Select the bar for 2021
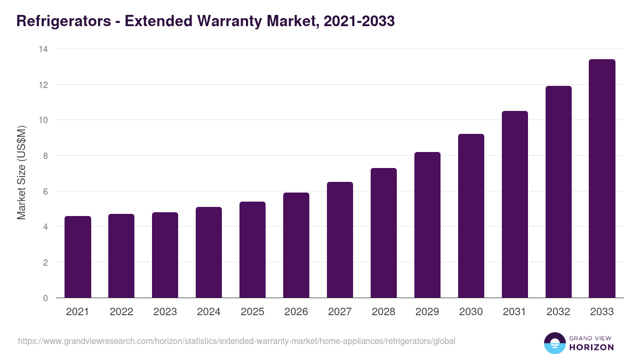pos(78,257)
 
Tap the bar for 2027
pos(340,240)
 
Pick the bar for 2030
pos(471,216)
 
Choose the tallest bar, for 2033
pos(602,179)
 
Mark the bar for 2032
pos(558,192)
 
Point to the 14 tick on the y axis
pos(43,49)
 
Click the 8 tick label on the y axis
pos(45,156)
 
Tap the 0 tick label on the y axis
pos(45,298)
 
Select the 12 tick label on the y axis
pos(43,85)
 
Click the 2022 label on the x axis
pos(121,312)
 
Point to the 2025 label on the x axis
pos(252,312)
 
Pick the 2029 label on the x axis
pos(427,312)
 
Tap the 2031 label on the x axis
pos(515,312)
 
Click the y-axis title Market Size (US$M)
pos(21,173)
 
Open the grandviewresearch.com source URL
pos(237,341)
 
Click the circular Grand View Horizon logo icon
pos(554,343)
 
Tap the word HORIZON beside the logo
pos(591,347)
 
